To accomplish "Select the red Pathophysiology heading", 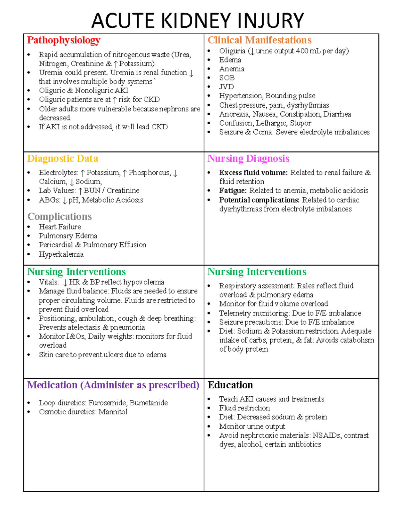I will [63, 40].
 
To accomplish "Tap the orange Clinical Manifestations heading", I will [259, 40].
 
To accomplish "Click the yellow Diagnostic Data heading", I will [62, 158].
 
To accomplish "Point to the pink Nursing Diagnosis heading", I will [248, 158].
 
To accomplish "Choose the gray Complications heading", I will [59, 217].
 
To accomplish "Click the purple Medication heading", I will [113, 385].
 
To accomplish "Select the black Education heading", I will [230, 385].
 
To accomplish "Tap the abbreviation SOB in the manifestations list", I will [227, 78].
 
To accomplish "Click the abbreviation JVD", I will [226, 87].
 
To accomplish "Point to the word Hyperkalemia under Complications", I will [61, 254].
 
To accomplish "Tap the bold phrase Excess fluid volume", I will [253, 173].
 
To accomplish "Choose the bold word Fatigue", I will [233, 191].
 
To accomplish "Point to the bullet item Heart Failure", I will [60, 227].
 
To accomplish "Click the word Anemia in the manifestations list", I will [232, 69].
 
